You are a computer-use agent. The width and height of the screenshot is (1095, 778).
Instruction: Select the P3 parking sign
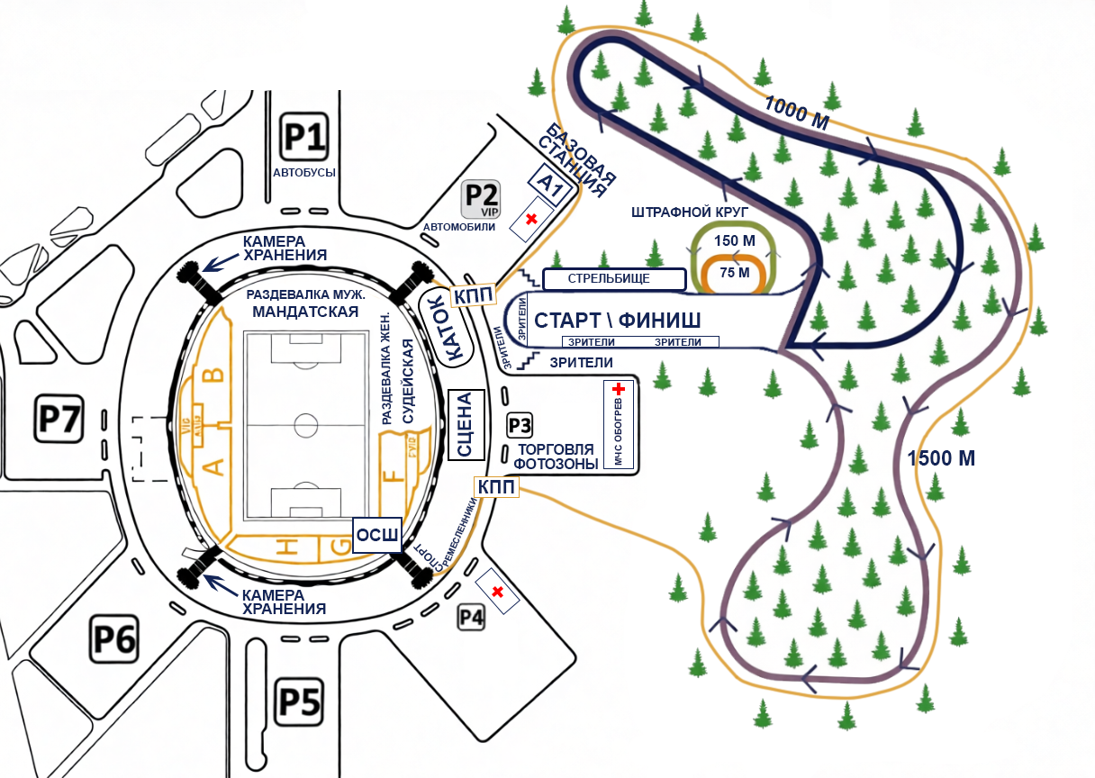click(x=520, y=425)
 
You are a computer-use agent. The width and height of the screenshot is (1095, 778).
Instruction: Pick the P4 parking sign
click(x=472, y=617)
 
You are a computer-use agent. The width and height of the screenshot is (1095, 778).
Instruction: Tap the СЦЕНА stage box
click(x=466, y=425)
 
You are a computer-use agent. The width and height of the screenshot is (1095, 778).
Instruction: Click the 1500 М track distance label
click(x=941, y=457)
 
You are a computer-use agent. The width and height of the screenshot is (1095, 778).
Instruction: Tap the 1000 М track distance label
click(x=796, y=113)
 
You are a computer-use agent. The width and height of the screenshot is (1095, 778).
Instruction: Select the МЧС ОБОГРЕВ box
click(x=619, y=424)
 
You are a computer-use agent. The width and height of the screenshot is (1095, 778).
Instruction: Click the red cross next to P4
click(x=497, y=591)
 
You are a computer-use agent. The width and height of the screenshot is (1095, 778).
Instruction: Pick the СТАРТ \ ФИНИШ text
click(x=618, y=321)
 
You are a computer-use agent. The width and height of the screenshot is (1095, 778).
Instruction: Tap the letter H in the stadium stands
click(x=286, y=545)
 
